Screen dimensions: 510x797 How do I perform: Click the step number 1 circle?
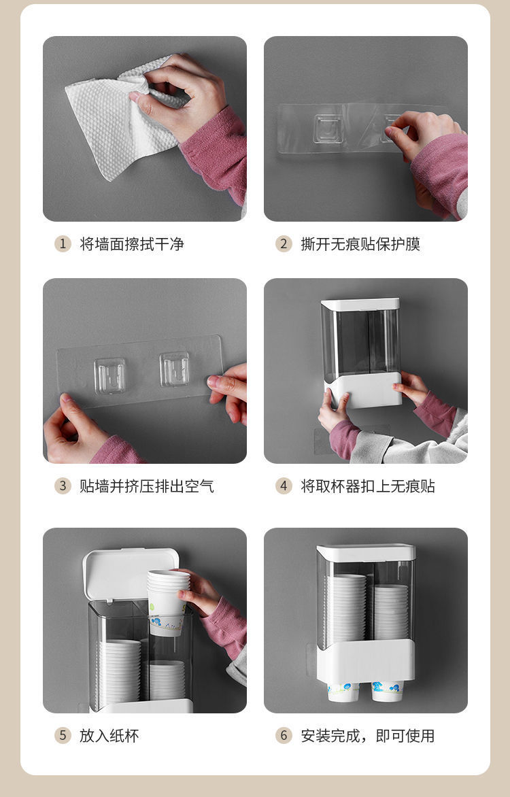[x=63, y=244]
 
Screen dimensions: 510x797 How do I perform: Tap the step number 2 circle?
[x=284, y=244]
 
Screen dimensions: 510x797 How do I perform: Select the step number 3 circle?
[x=63, y=486]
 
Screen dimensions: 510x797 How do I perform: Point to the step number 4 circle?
[x=284, y=486]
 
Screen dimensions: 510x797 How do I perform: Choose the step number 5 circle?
[x=63, y=736]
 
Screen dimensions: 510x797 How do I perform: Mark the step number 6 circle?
[x=284, y=736]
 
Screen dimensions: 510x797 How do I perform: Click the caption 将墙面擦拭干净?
[x=132, y=244]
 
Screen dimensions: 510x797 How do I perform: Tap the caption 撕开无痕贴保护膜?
[x=360, y=244]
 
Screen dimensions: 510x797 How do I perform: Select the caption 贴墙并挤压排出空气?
[x=147, y=486]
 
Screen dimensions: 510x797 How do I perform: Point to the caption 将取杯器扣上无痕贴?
[x=368, y=486]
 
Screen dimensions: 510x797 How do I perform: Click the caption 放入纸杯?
[x=109, y=736]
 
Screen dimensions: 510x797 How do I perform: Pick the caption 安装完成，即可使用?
[x=368, y=736]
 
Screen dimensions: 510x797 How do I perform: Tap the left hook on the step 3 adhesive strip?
[x=110, y=375]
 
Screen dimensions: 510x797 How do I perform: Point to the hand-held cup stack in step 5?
[x=168, y=603]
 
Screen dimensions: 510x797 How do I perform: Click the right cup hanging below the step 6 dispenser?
[x=388, y=692]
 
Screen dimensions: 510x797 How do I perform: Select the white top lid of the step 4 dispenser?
[x=360, y=304]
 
